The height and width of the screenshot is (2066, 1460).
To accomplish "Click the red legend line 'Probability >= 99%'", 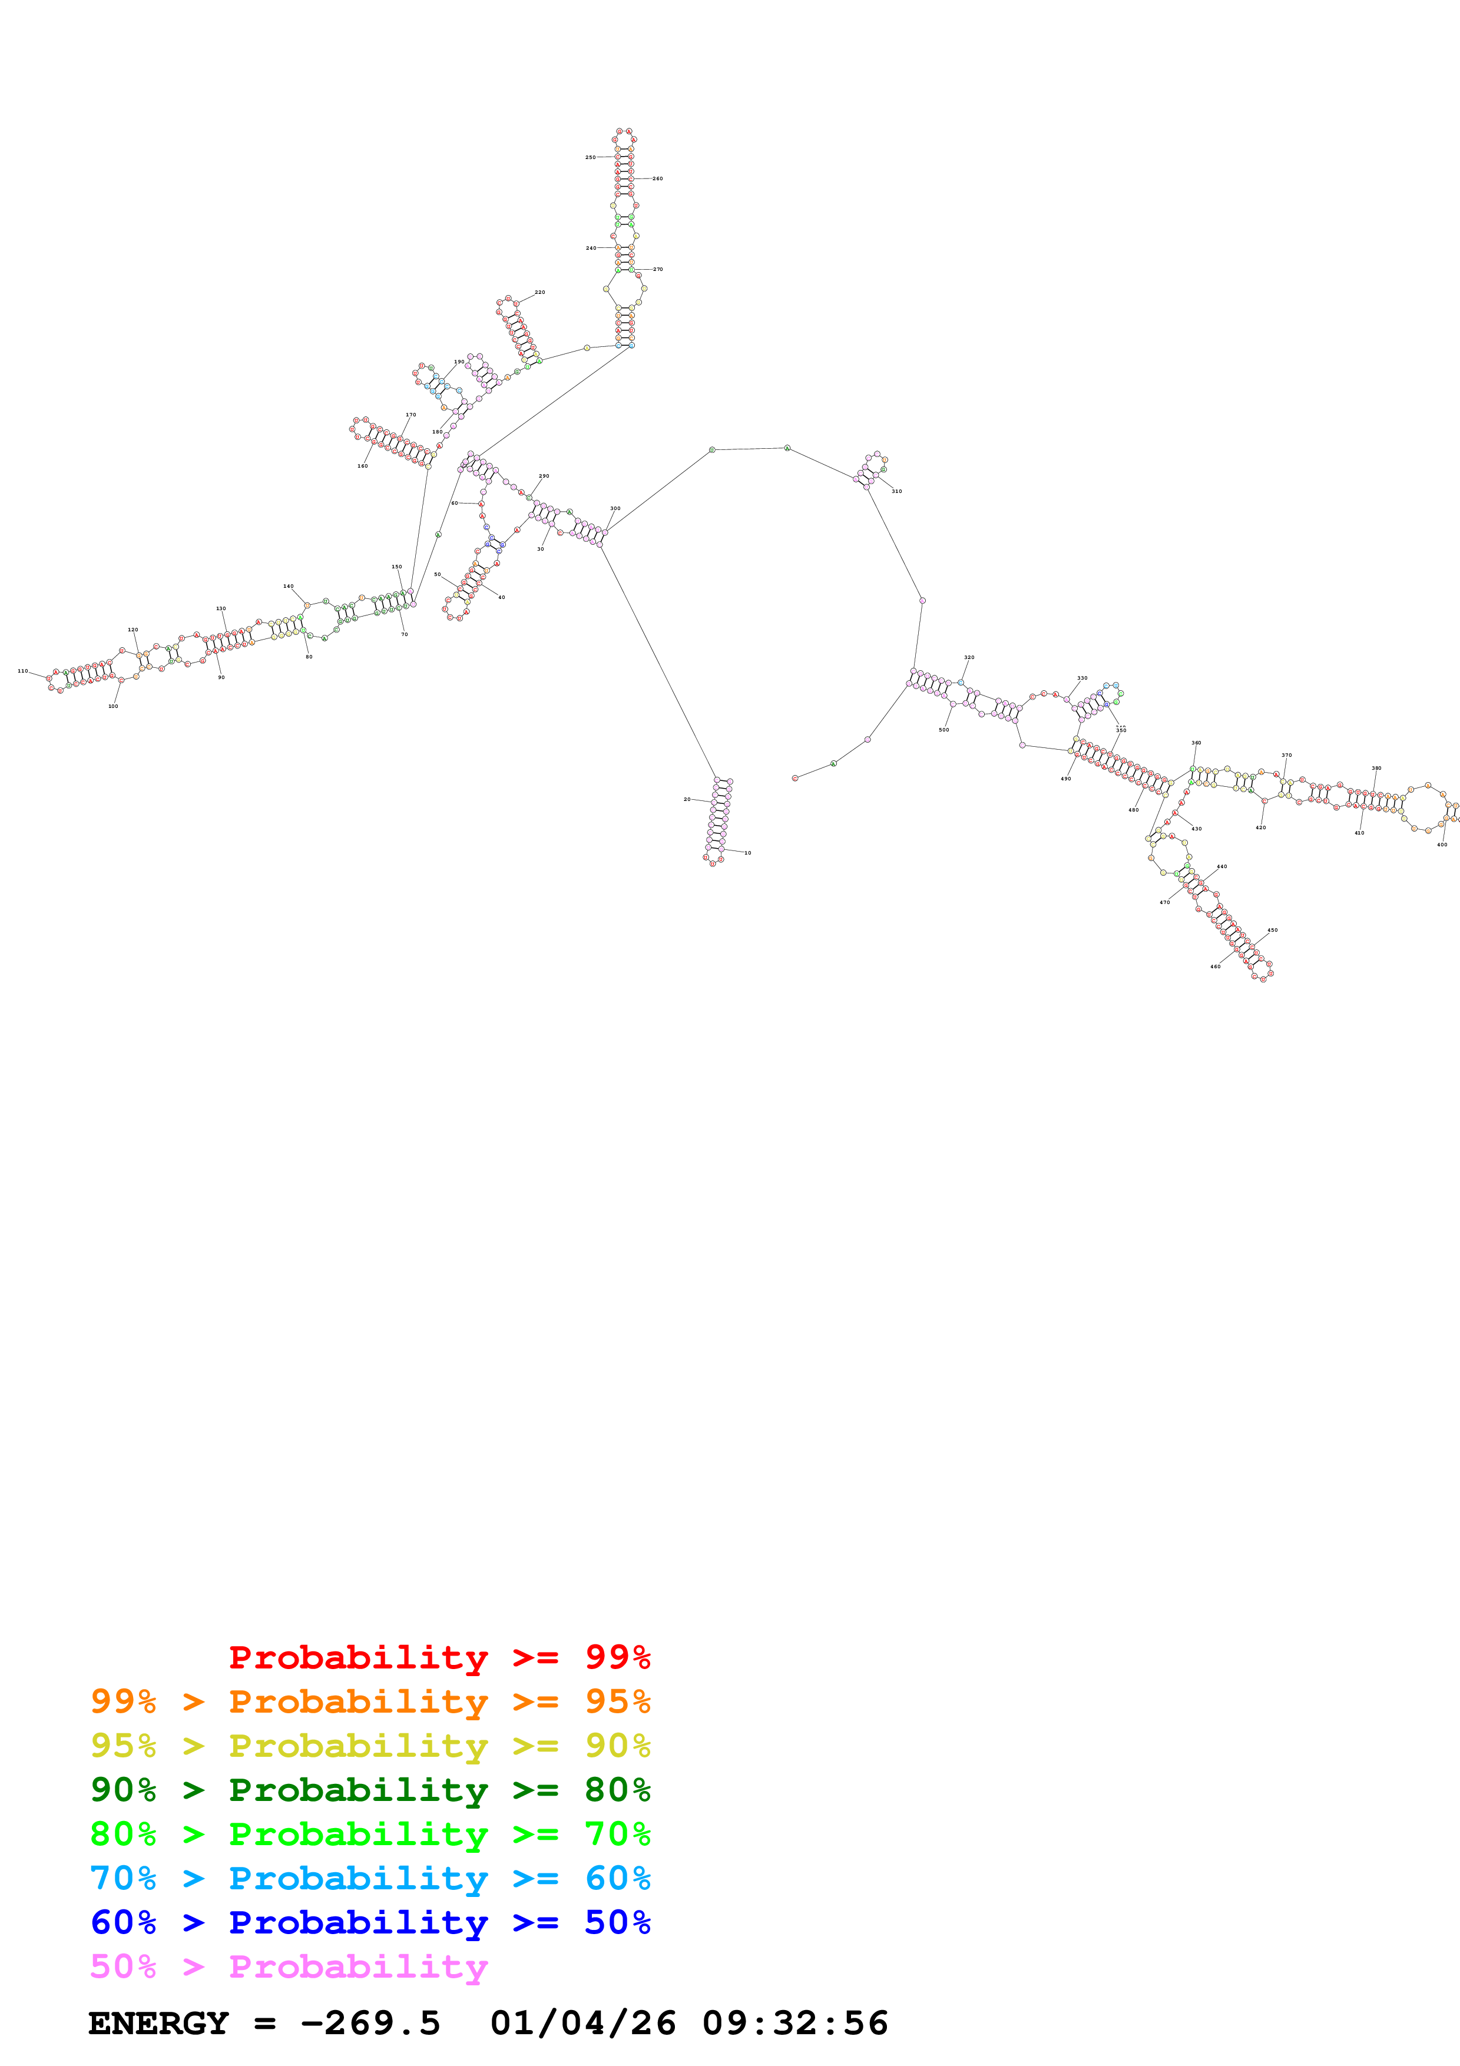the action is (439, 1657).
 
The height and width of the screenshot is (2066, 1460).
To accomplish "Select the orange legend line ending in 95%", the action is (370, 1701).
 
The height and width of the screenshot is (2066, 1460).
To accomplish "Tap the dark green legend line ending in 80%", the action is (370, 1790).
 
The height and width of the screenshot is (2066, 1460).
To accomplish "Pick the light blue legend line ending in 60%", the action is (370, 1878).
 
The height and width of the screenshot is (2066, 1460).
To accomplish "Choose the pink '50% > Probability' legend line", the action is (289, 1966).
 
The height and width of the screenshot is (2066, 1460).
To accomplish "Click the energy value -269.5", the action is (370, 2024).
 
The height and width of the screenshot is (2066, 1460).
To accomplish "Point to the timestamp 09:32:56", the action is (794, 2024).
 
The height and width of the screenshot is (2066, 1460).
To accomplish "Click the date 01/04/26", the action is (583, 2024).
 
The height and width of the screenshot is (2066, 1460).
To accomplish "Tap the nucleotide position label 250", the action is (590, 157).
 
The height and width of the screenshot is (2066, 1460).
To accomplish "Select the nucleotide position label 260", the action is (658, 179).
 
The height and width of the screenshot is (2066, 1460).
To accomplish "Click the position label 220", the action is (539, 293).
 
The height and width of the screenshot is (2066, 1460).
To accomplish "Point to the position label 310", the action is (896, 491).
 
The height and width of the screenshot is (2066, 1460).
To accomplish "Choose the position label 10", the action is (747, 853).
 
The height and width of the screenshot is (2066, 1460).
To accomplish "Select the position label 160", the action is (363, 466).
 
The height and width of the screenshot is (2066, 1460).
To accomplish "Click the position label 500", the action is (943, 730).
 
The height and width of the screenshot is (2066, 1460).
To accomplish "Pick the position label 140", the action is (288, 586).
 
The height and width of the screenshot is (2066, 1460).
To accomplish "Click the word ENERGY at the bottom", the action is (158, 2024).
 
